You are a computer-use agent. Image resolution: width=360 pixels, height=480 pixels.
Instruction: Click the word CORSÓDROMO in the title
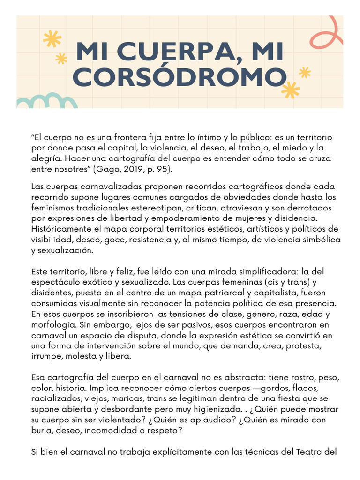[180, 77]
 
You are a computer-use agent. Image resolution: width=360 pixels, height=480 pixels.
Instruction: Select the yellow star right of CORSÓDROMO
[291, 90]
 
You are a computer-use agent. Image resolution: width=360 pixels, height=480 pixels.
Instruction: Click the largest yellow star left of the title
[52, 39]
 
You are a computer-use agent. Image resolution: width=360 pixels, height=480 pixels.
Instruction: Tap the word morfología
[52, 325]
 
